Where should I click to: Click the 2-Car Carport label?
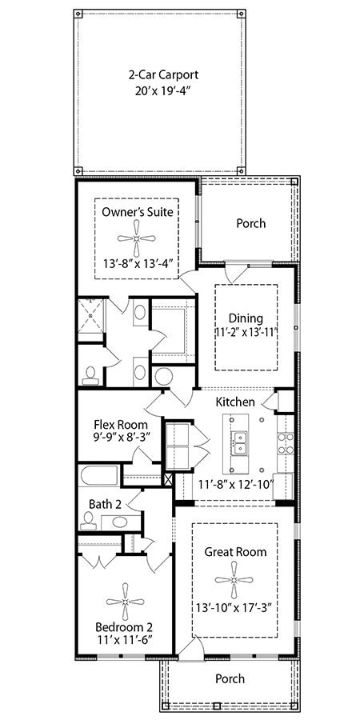[x=162, y=75]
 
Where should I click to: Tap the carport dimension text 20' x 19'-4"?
[x=162, y=91]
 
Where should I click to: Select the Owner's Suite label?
[x=137, y=212]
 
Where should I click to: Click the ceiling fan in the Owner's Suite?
[x=137, y=238]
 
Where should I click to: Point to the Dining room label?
[x=246, y=318]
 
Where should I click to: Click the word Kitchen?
[x=235, y=402]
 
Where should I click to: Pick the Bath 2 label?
[x=105, y=504]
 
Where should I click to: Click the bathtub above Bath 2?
[x=99, y=477]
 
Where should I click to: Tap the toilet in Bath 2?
[x=87, y=523]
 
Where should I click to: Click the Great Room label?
[x=235, y=552]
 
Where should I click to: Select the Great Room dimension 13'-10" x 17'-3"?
[x=235, y=607]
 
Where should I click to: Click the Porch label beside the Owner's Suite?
[x=250, y=223]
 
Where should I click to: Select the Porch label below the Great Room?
[x=230, y=678]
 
